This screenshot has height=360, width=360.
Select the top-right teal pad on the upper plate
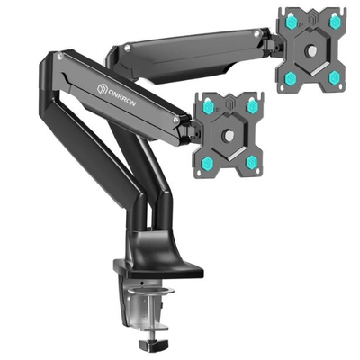coord(335,19)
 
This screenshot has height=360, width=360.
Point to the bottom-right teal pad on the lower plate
coord(252,161)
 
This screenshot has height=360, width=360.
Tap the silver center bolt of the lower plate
coord(231,136)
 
